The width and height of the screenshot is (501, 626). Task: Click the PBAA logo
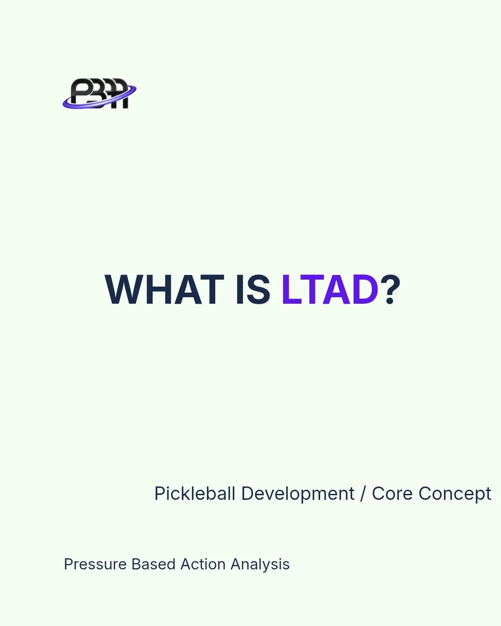[99, 94]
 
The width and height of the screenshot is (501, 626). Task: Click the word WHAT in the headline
[165, 290]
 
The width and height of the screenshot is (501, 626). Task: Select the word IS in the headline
[253, 290]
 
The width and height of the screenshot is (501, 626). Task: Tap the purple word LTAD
[330, 290]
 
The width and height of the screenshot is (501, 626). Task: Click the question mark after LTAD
[392, 290]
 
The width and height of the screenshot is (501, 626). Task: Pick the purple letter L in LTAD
[291, 290]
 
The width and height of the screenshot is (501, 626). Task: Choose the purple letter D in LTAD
[365, 290]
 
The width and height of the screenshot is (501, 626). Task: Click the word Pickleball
[195, 494]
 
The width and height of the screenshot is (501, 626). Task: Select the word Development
[298, 494]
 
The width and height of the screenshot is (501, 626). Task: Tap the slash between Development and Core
[363, 494]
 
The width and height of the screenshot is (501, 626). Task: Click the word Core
[392, 494]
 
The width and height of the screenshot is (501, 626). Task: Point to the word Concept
[455, 494]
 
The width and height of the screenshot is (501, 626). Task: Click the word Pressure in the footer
[95, 564]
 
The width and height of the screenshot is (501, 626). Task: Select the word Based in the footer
[153, 564]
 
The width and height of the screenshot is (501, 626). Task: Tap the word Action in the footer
[203, 564]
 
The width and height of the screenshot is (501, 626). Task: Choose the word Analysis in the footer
[260, 564]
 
